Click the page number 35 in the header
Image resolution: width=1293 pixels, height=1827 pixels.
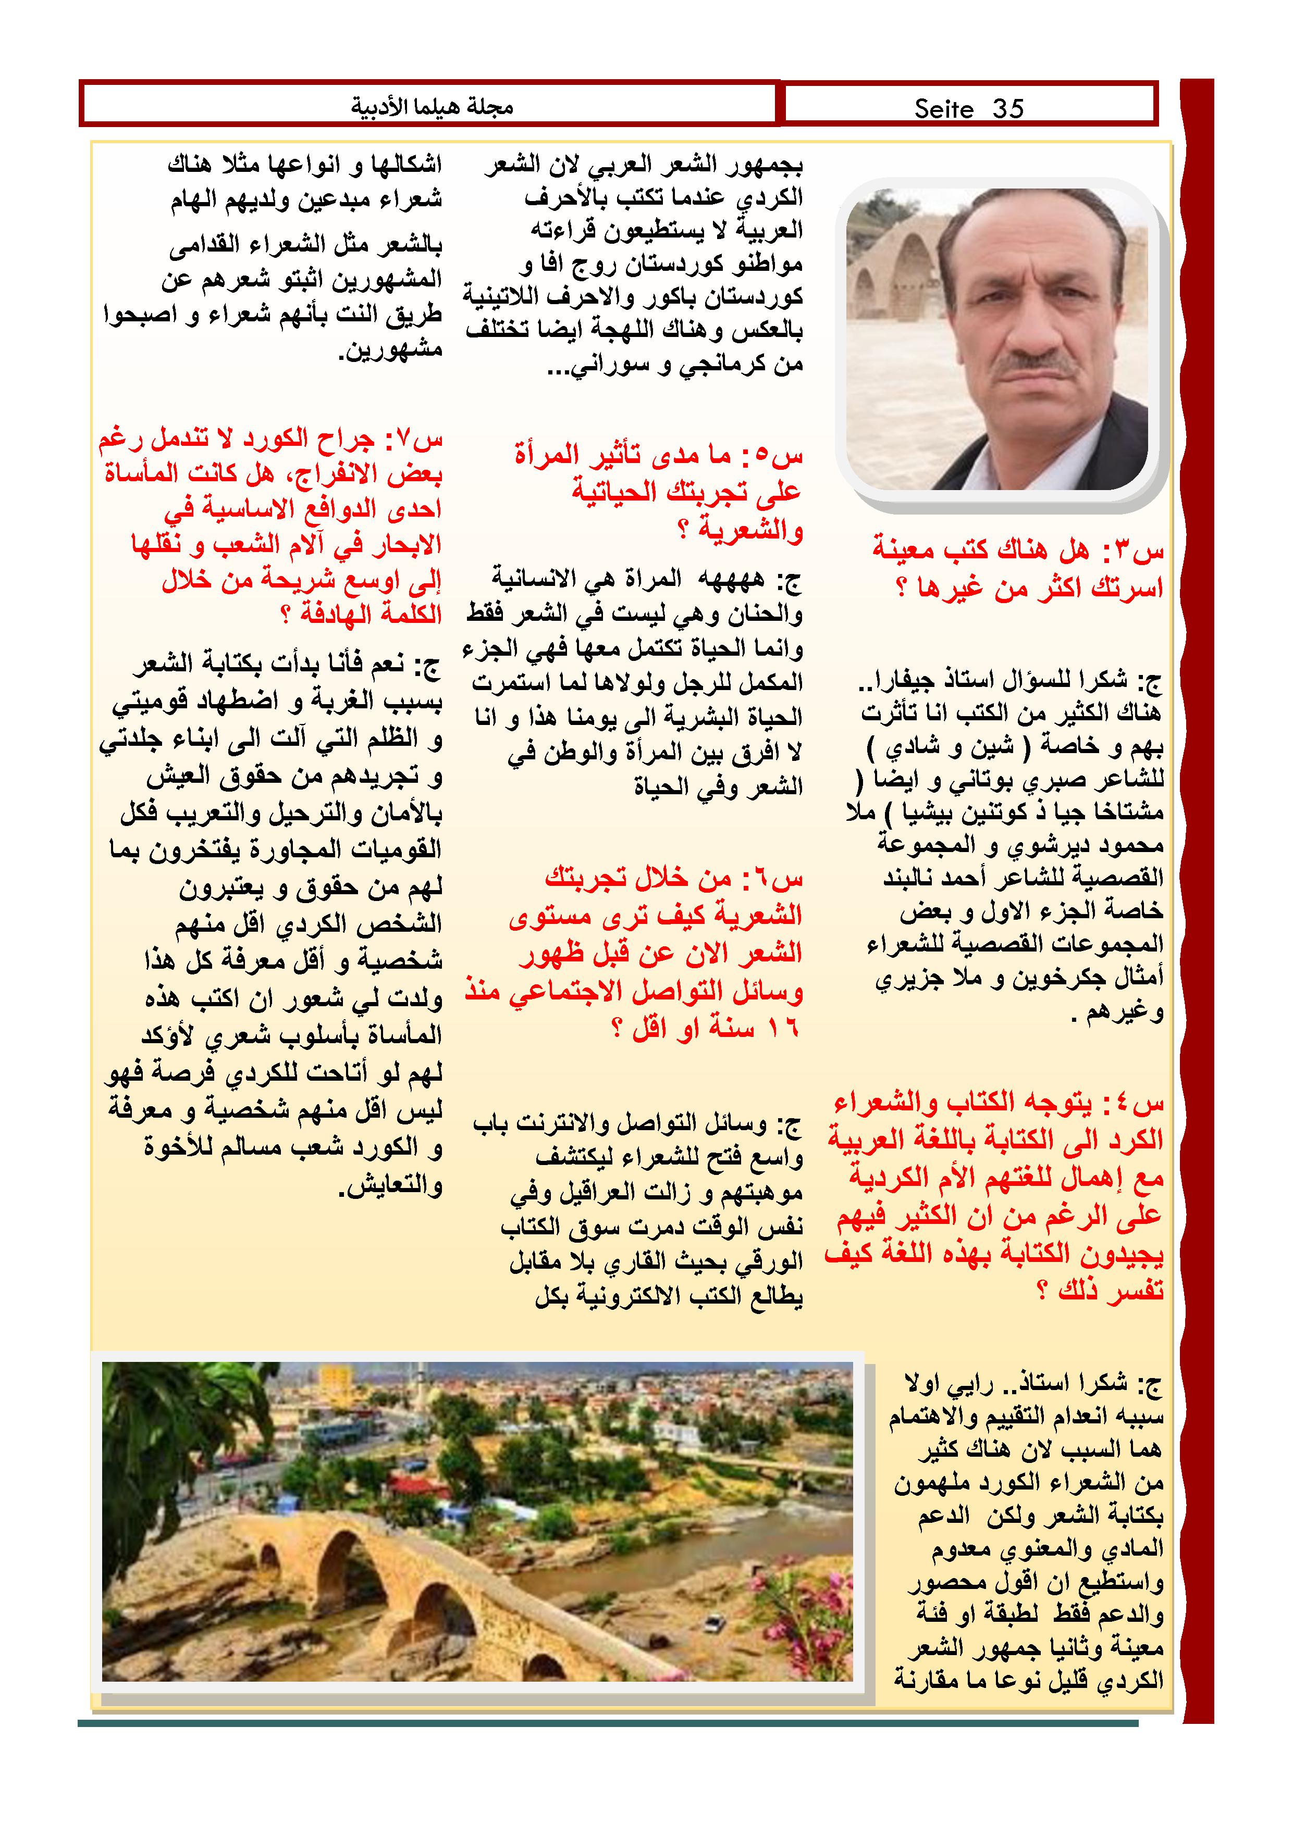[1007, 108]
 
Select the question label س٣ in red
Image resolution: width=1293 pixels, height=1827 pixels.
[1139, 550]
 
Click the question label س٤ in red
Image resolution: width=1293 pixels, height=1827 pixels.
[1139, 1104]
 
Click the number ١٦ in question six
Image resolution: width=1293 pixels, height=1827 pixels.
[784, 1029]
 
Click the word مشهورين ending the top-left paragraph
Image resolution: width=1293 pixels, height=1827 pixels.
[390, 350]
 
